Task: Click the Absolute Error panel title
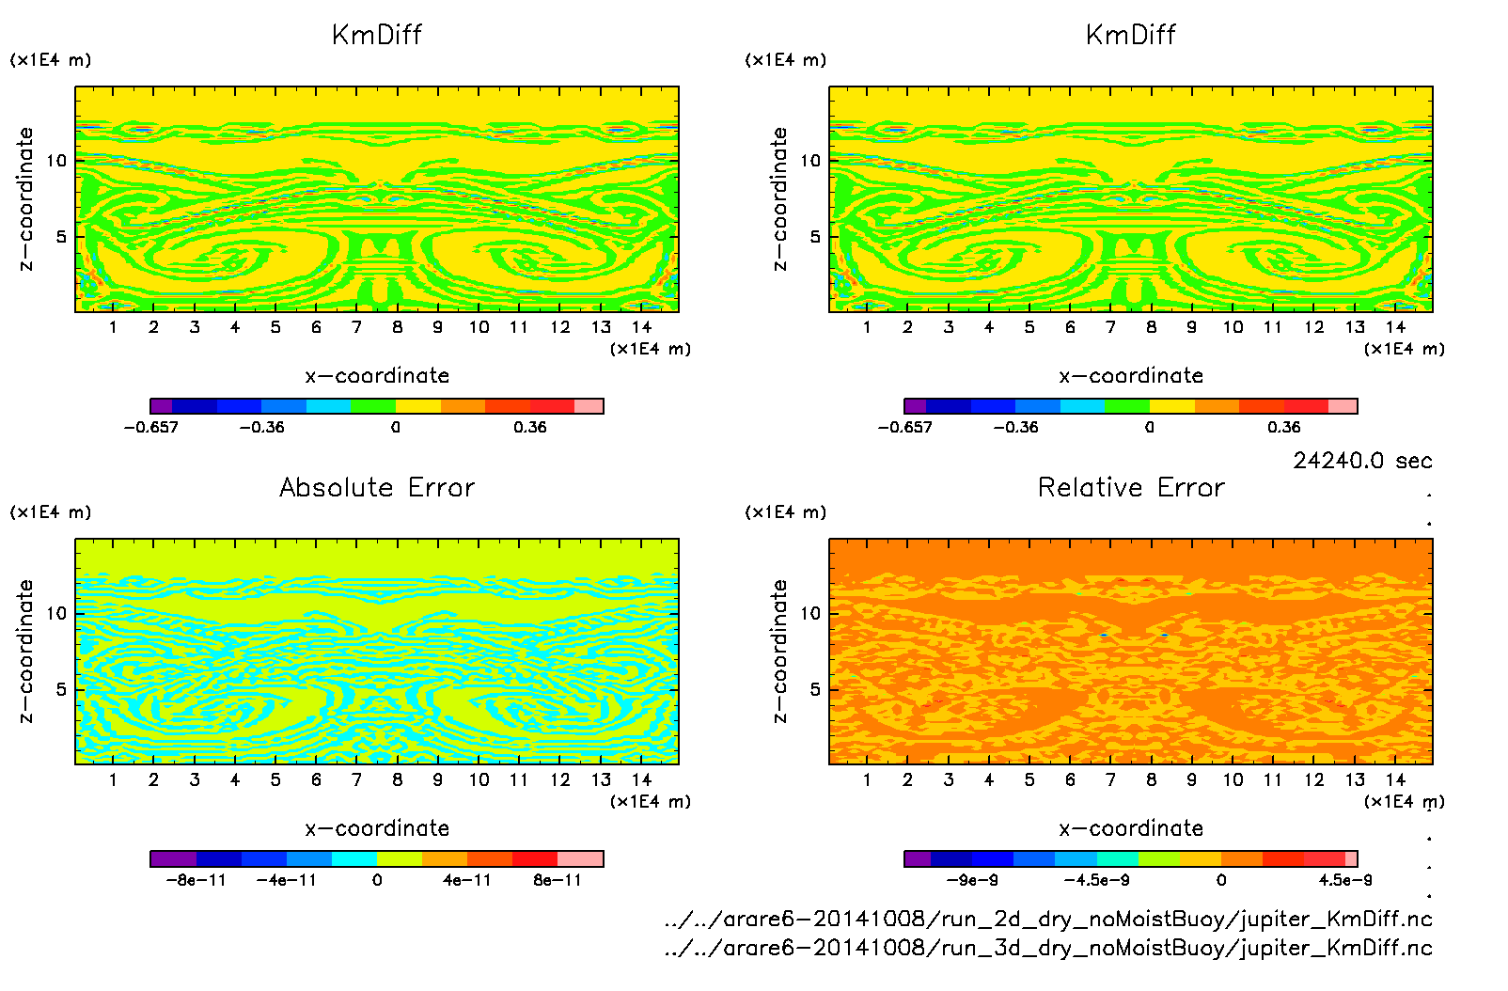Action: point(377,487)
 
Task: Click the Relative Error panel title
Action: point(1131,487)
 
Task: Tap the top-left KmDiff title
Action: point(377,35)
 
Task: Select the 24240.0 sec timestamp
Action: point(1362,461)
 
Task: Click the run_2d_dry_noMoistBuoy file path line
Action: point(1047,919)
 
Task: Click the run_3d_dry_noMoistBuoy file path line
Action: point(1047,948)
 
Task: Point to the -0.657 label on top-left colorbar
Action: point(151,427)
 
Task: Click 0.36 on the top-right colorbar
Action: point(1283,427)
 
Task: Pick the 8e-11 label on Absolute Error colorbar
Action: point(558,880)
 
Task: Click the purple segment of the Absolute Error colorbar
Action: point(173,858)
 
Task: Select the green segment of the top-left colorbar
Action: point(373,406)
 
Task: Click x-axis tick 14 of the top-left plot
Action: point(641,327)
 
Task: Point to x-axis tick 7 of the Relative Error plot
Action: point(1110,779)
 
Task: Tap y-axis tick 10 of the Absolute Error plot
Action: point(57,613)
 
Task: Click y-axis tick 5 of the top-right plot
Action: point(815,236)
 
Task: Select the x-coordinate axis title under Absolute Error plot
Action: point(377,828)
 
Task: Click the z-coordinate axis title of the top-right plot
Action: point(779,198)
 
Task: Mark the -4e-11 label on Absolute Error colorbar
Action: point(287,880)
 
